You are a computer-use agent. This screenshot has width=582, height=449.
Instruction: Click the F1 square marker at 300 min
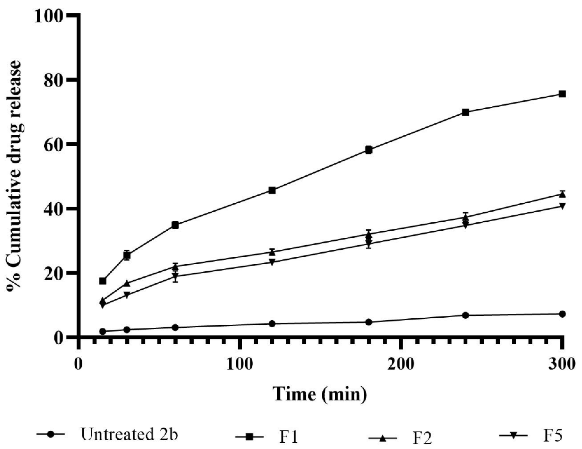coord(562,94)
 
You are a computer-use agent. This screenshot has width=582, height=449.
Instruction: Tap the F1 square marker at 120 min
coord(272,190)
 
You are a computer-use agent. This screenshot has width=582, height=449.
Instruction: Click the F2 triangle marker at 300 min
coord(562,194)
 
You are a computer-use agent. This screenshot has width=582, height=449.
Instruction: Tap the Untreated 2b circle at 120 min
coord(272,324)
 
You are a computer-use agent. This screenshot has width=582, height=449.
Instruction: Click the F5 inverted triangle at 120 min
coord(272,262)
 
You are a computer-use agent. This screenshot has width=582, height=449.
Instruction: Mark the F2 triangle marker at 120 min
coord(272,252)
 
